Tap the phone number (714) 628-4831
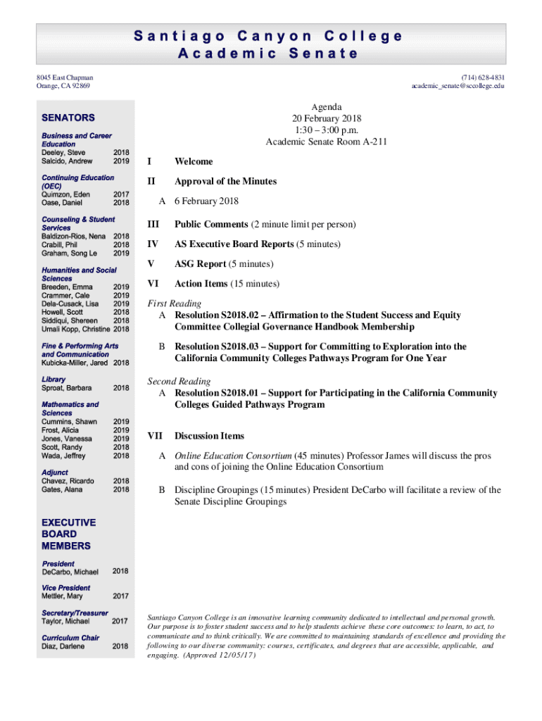(483, 77)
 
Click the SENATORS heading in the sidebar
(68, 118)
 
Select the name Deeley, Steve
(63, 153)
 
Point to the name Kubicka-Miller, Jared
(75, 363)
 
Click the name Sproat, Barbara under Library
(66, 388)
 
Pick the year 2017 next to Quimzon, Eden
(121, 194)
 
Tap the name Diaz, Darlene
(64, 646)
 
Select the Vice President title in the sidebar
(65, 588)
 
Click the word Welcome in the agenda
(194, 161)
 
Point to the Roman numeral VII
(153, 436)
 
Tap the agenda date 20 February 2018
(327, 118)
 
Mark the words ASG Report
(200, 264)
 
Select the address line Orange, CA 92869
(63, 86)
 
